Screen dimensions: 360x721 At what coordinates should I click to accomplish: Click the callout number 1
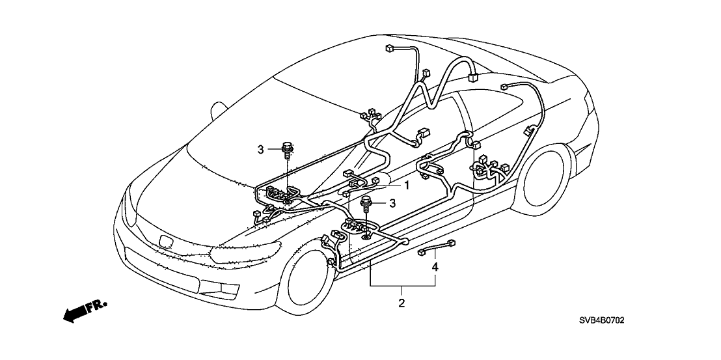pyautogui.click(x=407, y=186)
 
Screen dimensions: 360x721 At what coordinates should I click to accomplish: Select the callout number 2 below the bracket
pyautogui.click(x=401, y=303)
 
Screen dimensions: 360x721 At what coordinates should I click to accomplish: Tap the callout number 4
pyautogui.click(x=434, y=266)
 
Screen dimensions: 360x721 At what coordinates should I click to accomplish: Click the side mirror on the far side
pyautogui.click(x=220, y=105)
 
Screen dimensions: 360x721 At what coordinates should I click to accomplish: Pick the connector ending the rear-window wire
pyautogui.click(x=504, y=87)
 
